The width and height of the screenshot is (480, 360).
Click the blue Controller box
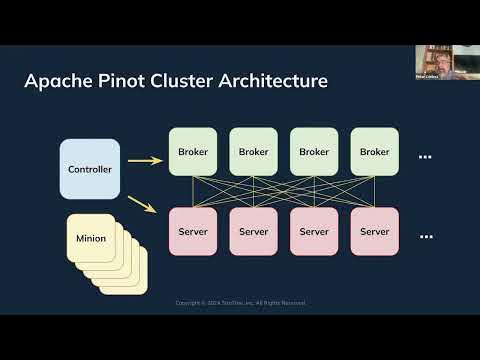90,169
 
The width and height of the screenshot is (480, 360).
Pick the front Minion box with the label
91,240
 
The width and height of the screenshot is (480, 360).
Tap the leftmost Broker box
193,152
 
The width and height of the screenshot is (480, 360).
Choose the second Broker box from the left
254,152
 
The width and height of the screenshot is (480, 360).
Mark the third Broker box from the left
314,152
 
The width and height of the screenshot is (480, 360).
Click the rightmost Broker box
374,152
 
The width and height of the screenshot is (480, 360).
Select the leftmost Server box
193,232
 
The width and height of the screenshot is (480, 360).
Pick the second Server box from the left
254,232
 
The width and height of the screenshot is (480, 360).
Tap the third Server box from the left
314,232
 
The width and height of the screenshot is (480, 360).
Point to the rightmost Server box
374,232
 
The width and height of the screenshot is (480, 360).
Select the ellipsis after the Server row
425,237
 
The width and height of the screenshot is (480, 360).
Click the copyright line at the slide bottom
241,303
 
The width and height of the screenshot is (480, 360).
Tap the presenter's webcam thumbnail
434,62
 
